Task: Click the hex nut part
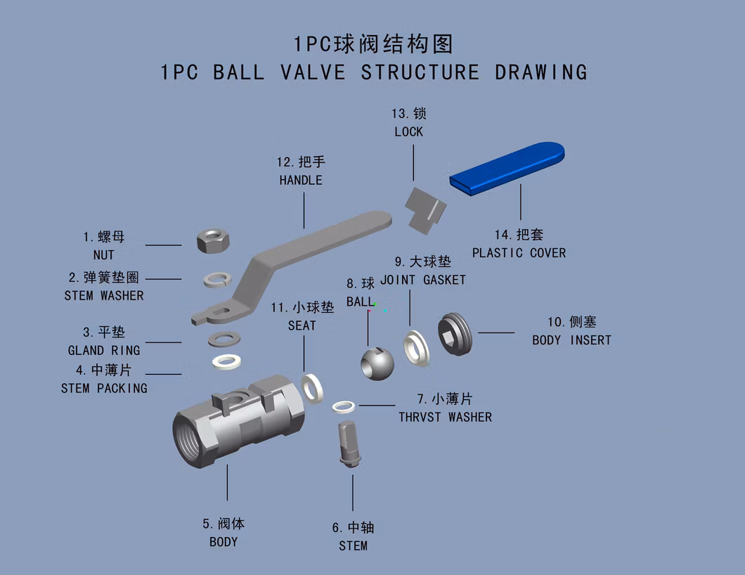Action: [x=214, y=240]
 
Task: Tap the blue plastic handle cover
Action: [x=507, y=168]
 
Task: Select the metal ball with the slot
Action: [x=377, y=364]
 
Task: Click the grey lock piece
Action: [x=425, y=210]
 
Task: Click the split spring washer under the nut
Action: [x=218, y=280]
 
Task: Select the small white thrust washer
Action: [x=344, y=407]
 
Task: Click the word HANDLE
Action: [x=301, y=181]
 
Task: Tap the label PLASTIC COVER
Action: [x=519, y=253]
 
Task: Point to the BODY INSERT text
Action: [x=571, y=340]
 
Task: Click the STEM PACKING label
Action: [x=104, y=388]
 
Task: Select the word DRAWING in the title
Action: [x=541, y=72]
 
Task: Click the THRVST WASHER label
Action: [x=445, y=418]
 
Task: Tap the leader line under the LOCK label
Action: [x=413, y=162]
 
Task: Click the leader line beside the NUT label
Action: [x=164, y=245]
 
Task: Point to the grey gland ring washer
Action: [x=223, y=340]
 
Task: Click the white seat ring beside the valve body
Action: [x=312, y=388]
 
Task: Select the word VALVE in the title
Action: [x=313, y=72]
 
